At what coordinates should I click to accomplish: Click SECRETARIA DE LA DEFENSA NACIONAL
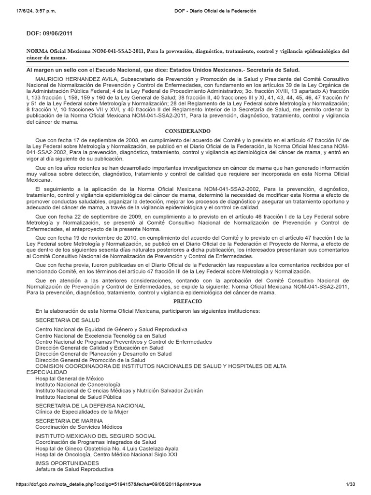[x=90, y=406]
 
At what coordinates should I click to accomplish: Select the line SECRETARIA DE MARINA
[x=69, y=421]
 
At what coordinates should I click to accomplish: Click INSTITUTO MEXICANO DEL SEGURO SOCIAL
[x=95, y=436]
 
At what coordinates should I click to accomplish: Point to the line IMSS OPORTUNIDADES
[x=65, y=463]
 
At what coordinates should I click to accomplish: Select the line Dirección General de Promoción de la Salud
[x=90, y=360]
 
